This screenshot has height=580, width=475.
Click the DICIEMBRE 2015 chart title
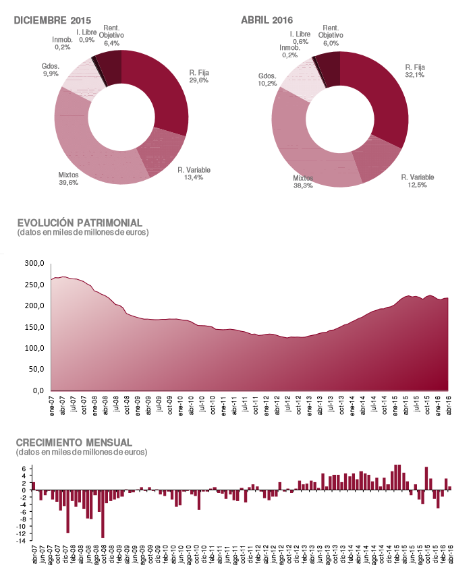(x=53, y=20)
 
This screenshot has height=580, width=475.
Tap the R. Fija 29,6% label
(x=198, y=76)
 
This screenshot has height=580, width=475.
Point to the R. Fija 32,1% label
(x=414, y=71)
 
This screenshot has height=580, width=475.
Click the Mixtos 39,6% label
(x=68, y=178)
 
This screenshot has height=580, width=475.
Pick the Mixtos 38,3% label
(x=302, y=182)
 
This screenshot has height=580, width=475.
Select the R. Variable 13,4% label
(x=192, y=174)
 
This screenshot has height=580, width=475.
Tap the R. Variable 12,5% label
(x=417, y=181)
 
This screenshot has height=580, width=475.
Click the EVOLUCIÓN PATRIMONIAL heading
(x=79, y=223)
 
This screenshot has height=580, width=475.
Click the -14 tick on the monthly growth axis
(x=22, y=541)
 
